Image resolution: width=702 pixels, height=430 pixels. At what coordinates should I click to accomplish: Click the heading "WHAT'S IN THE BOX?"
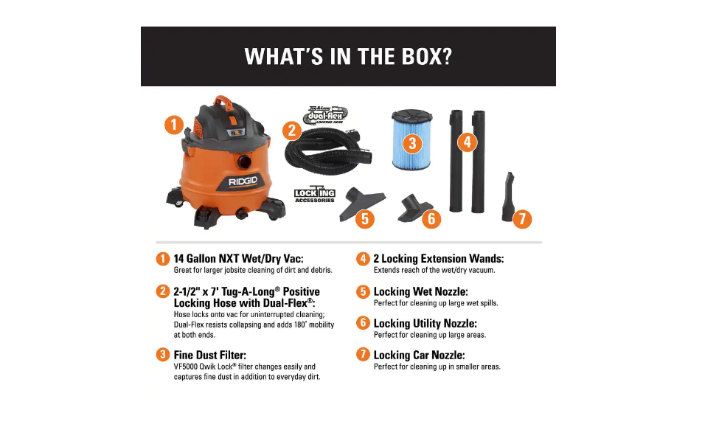347,57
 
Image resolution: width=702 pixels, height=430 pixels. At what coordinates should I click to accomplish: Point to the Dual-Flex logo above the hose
325,115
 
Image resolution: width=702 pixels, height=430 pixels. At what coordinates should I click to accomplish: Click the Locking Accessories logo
315,195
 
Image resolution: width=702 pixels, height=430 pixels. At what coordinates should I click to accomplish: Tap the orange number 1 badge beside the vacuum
173,125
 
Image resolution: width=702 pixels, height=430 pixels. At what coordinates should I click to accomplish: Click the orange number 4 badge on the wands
467,142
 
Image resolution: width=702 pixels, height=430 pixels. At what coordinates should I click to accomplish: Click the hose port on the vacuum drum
243,160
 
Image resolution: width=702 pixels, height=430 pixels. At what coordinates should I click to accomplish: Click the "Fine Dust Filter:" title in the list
209,355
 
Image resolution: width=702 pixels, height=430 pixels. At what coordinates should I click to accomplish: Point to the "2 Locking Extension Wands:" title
439,259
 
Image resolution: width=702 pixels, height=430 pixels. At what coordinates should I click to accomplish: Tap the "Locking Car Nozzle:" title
425,355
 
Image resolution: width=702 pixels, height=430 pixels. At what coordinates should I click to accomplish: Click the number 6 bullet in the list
363,323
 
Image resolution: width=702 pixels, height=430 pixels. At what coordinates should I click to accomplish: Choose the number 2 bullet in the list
162,291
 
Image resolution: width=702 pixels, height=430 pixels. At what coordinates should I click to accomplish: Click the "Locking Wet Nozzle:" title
420,291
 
